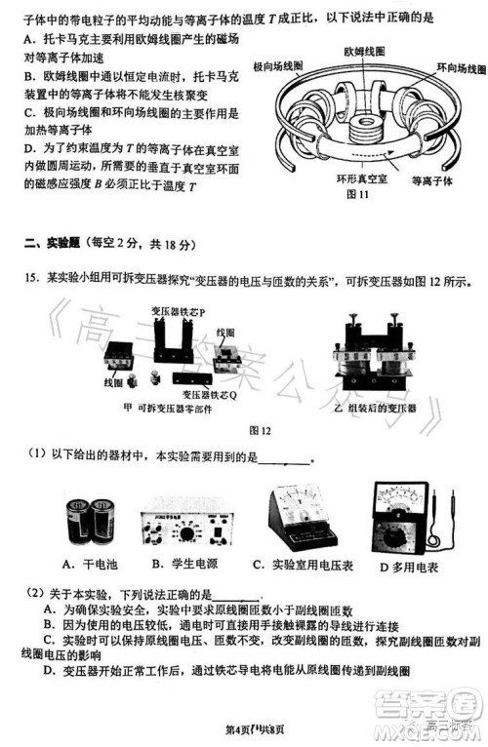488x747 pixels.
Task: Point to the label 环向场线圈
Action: [x=459, y=69]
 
